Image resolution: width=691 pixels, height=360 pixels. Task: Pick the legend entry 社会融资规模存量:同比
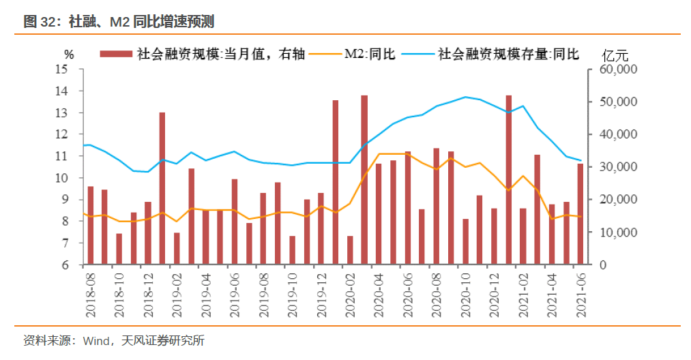pos(508,54)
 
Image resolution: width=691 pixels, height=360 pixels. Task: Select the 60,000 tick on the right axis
pos(618,69)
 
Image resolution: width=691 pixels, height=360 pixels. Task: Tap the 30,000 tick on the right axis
pos(618,167)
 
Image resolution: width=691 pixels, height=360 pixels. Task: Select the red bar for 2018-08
pos(91,225)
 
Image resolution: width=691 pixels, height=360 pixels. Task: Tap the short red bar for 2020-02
pos(351,250)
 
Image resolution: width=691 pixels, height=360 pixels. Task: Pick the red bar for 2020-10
pos(466,241)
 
